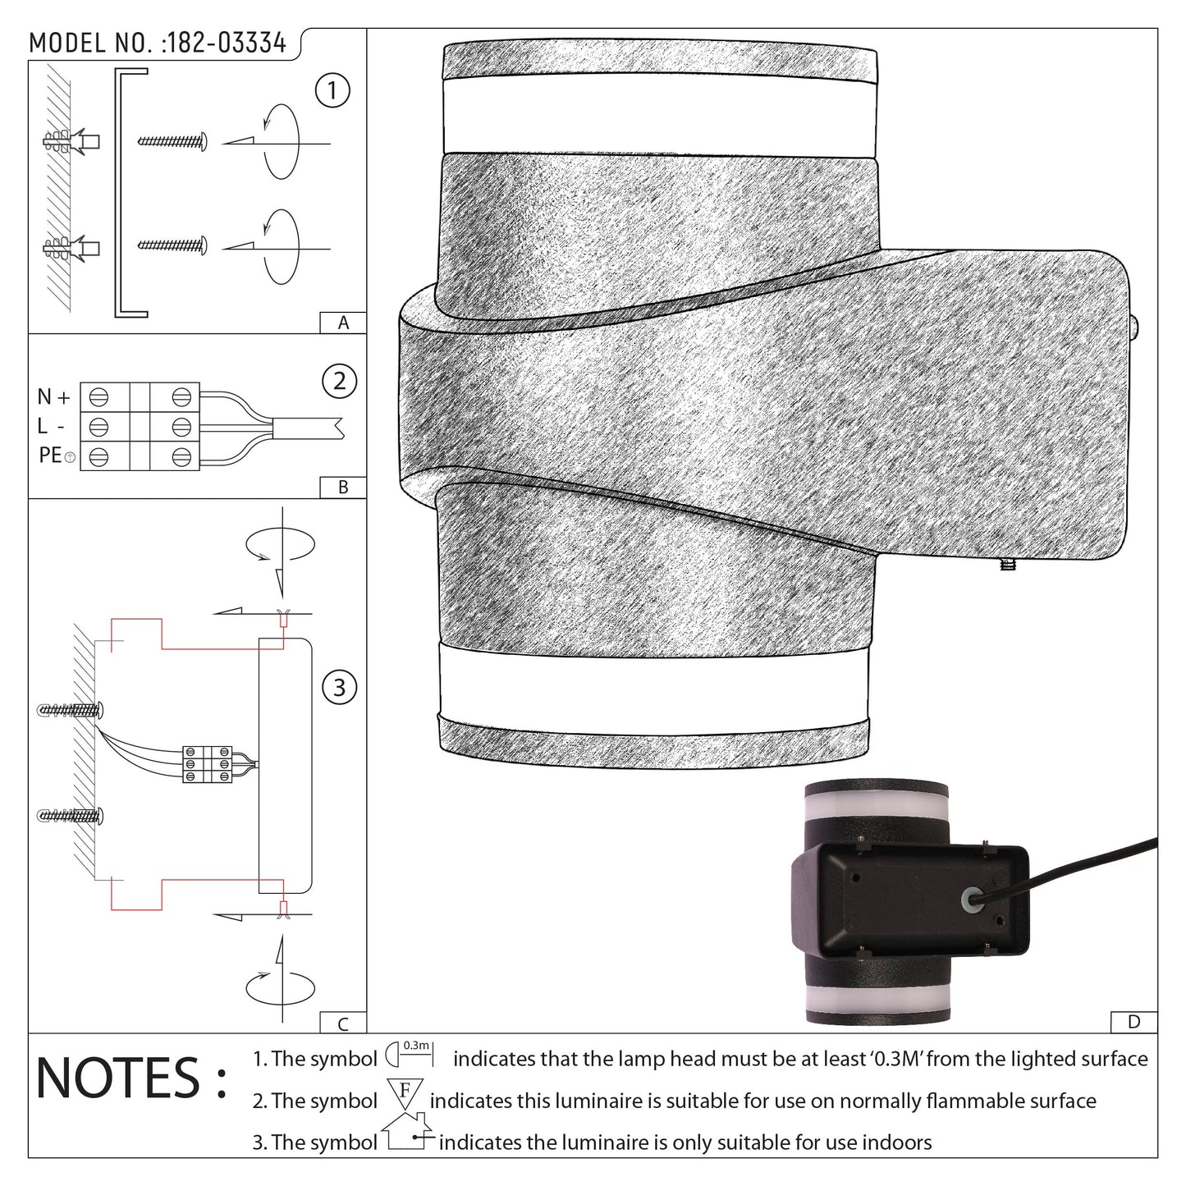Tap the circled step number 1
[x=332, y=90]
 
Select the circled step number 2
[x=339, y=382]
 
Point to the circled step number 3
[x=339, y=687]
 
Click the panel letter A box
[x=343, y=323]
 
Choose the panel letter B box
[x=343, y=488]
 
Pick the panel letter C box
[x=343, y=1023]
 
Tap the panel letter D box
[x=1133, y=1022]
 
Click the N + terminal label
[x=54, y=397]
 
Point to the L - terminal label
[x=52, y=426]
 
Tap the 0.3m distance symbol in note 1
[x=408, y=1053]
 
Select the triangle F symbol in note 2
[x=404, y=1097]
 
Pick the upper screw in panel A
[x=172, y=142]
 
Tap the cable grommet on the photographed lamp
[x=971, y=900]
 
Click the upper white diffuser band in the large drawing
[x=660, y=117]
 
